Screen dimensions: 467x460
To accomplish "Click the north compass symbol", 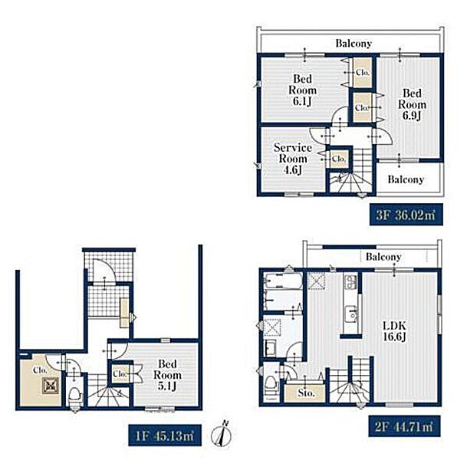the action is tap(222, 435).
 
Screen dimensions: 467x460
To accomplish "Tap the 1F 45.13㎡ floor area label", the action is tap(165, 436).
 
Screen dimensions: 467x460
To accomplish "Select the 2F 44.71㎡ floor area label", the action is tap(404, 426).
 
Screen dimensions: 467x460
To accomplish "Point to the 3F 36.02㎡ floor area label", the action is tap(406, 215).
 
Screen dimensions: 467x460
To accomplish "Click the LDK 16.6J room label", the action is tap(394, 330).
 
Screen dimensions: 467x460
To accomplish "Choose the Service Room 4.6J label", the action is tap(293, 159).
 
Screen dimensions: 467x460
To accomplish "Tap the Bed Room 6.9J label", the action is tap(412, 104).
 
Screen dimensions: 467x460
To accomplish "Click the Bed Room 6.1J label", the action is tap(302, 90).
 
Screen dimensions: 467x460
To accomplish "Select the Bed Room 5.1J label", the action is tap(167, 375).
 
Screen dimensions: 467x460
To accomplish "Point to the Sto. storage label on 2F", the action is tap(306, 393).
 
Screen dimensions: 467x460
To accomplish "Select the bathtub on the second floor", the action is tap(283, 281).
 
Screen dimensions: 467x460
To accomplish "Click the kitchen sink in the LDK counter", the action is tap(352, 314).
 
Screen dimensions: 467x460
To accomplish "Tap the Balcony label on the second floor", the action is tap(383, 257).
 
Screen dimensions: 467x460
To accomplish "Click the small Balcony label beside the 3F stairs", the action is tap(406, 179).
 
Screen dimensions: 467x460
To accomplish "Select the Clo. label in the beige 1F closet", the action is tap(40, 370).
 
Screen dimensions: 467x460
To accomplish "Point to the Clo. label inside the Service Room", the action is tap(339, 159).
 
